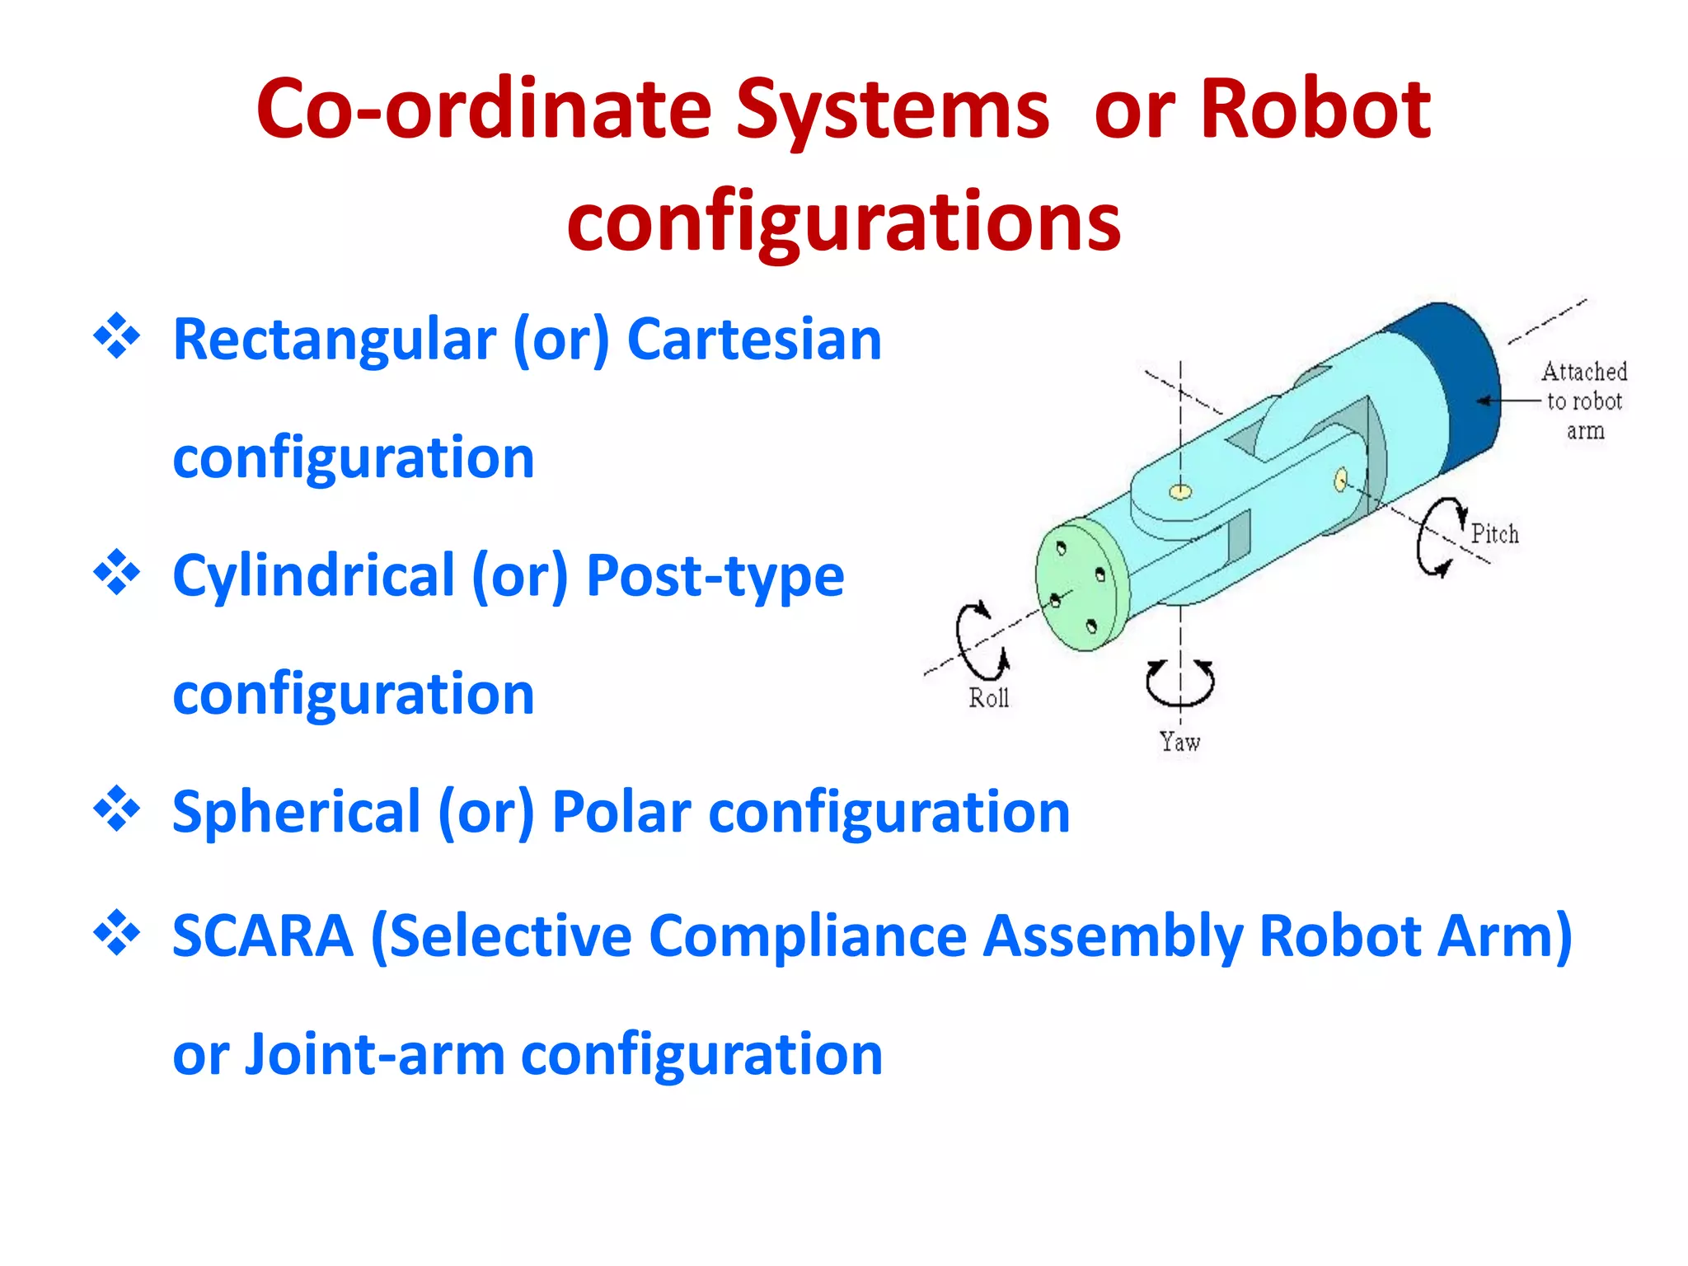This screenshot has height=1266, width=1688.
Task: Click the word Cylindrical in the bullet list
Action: pyautogui.click(x=313, y=575)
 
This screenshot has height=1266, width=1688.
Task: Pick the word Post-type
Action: pyautogui.click(x=715, y=575)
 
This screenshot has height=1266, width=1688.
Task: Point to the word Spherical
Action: pyautogui.click(x=297, y=813)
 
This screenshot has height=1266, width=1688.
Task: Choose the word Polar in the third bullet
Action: pyautogui.click(x=621, y=813)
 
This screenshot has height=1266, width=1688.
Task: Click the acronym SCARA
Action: pyautogui.click(x=263, y=935)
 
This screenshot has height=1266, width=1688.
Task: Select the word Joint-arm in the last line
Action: pyautogui.click(x=375, y=1054)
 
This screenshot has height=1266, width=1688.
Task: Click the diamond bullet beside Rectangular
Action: pyautogui.click(x=117, y=336)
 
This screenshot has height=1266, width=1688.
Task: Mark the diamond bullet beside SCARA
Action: pyautogui.click(x=117, y=933)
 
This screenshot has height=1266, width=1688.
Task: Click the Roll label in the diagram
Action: pyautogui.click(x=988, y=698)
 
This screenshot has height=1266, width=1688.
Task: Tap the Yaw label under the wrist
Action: pyautogui.click(x=1179, y=742)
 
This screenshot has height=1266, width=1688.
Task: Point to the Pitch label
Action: pyautogui.click(x=1494, y=534)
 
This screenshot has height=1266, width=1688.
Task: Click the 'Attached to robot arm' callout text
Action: pyautogui.click(x=1583, y=401)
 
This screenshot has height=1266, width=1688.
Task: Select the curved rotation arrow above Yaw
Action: pyautogui.click(x=1179, y=682)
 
